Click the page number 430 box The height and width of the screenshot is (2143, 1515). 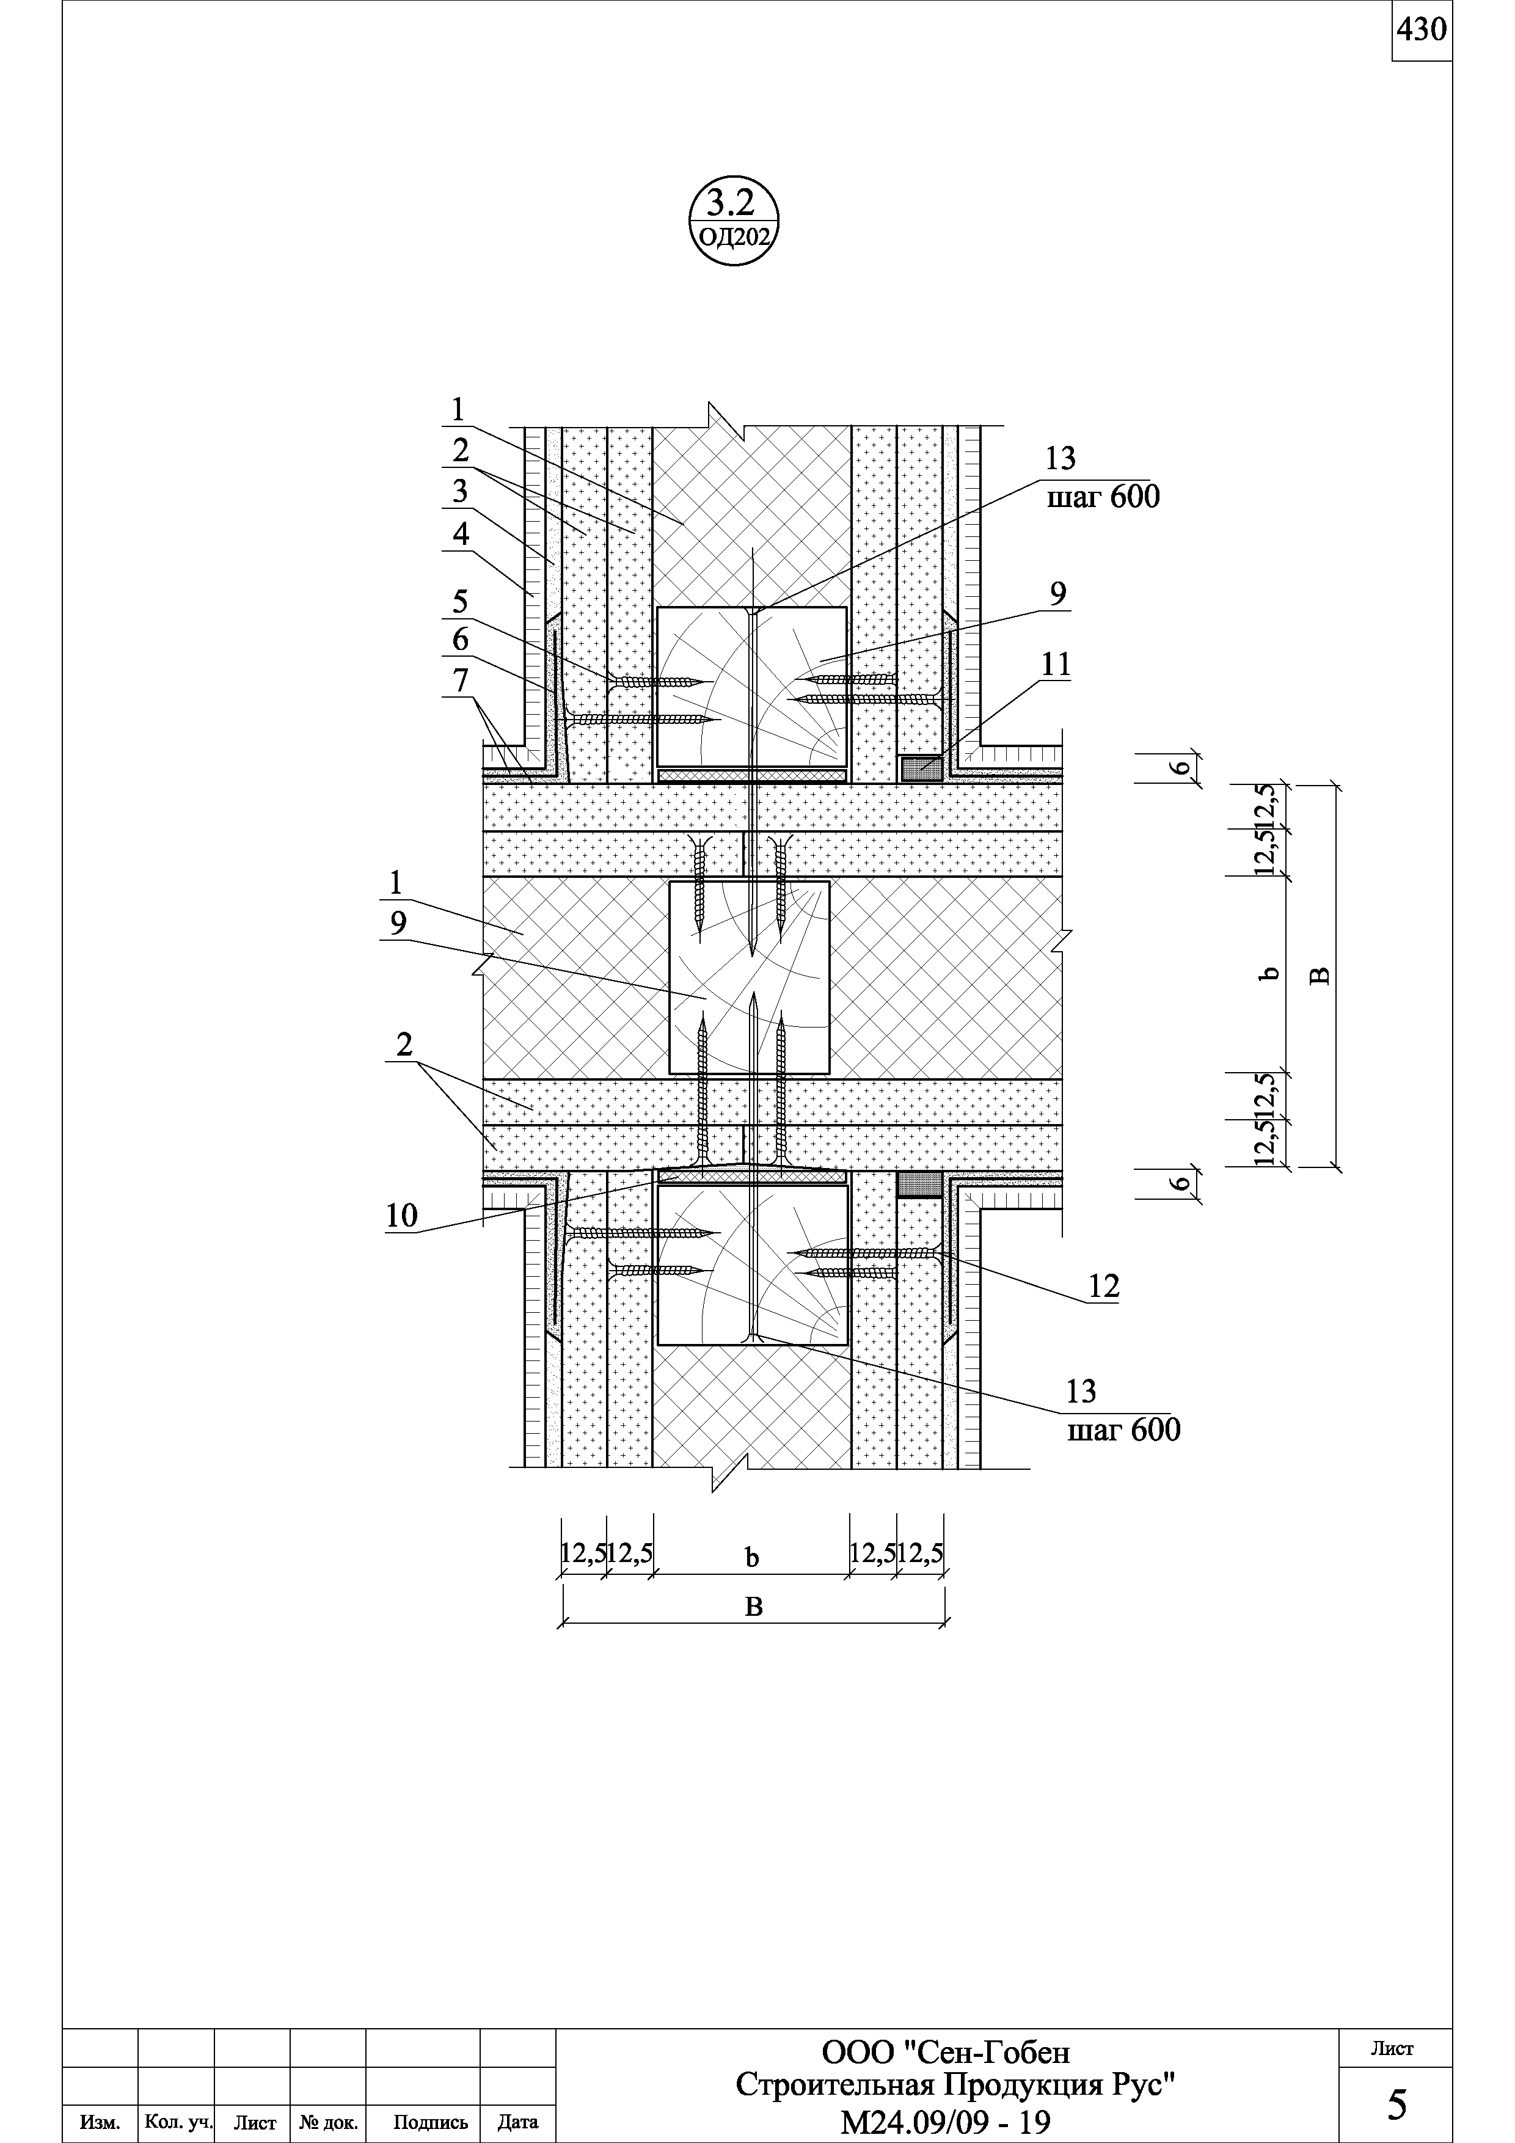(x=1422, y=31)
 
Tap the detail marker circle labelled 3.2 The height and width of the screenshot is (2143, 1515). (x=734, y=219)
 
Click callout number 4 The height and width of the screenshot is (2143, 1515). (x=460, y=535)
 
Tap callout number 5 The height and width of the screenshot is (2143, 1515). (x=460, y=602)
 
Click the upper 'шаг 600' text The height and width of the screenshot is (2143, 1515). (x=1103, y=497)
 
